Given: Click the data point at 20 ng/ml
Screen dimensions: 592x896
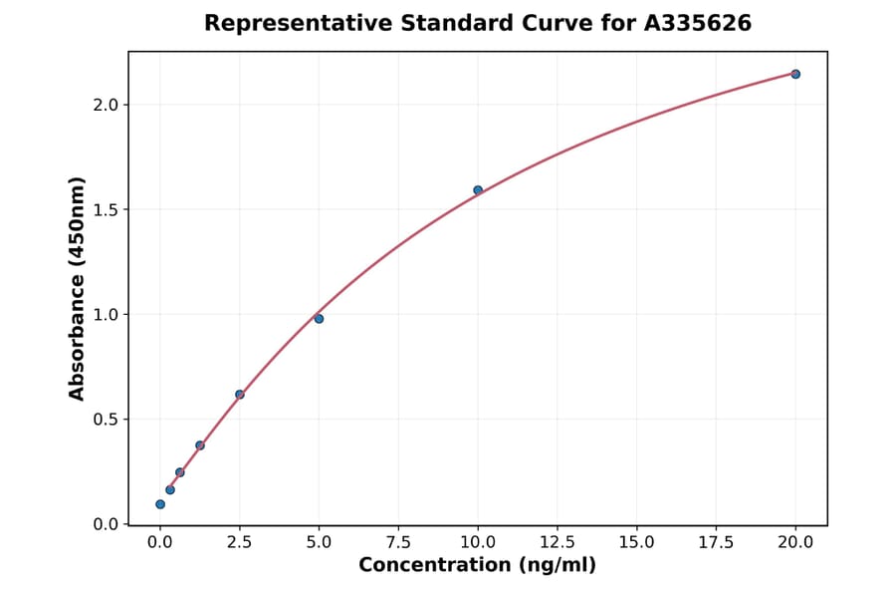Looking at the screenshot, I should tap(795, 74).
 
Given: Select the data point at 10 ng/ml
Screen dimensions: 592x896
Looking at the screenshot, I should tap(478, 189).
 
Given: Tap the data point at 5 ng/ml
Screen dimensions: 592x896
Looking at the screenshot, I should tap(319, 319).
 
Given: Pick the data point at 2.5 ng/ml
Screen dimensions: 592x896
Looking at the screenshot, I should tap(240, 394).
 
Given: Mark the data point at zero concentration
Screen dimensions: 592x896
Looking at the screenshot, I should tap(160, 504).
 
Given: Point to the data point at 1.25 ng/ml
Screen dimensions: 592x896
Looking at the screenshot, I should tap(200, 445).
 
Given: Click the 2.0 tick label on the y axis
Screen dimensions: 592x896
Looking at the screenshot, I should tap(105, 105).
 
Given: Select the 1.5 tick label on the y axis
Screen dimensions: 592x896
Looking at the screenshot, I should tap(105, 209).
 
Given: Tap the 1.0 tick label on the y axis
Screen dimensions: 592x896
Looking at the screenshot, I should tap(105, 315).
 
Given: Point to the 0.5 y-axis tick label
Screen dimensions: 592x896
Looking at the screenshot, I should tap(105, 420).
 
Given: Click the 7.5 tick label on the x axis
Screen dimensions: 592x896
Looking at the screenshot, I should tap(398, 542).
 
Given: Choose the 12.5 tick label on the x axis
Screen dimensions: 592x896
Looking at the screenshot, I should tap(557, 542).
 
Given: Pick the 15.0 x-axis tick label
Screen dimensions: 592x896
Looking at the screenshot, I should tap(636, 542).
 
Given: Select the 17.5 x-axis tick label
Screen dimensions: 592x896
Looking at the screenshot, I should tap(716, 542).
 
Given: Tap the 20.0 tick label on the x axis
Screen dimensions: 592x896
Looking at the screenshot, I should tap(795, 542).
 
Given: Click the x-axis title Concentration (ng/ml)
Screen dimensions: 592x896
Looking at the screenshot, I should tap(478, 566).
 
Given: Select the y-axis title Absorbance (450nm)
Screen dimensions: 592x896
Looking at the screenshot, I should tap(78, 288).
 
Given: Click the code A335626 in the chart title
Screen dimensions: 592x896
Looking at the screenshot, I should tap(696, 23).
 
